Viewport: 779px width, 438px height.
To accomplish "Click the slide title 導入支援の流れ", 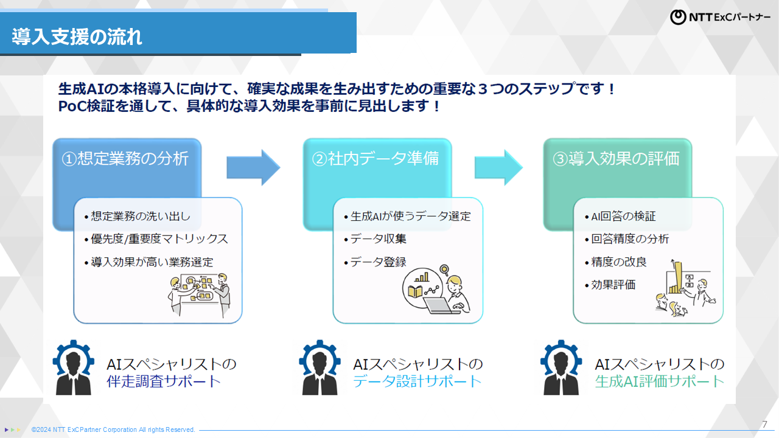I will (x=77, y=36).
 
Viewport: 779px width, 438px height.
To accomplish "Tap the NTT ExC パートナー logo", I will (x=719, y=17).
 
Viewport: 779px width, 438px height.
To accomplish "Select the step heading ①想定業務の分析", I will (x=125, y=159).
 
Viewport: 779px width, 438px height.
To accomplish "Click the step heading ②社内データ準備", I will (x=376, y=159).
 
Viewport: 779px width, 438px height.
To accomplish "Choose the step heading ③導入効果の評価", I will (x=616, y=159).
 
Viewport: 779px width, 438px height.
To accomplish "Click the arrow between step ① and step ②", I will (x=253, y=167).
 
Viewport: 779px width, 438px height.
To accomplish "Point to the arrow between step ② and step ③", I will (x=498, y=167).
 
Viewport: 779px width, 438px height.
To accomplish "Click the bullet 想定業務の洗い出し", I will (x=140, y=217).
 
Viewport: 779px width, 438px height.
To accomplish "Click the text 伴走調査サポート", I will (x=164, y=382).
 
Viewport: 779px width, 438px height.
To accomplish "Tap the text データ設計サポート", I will (x=417, y=382).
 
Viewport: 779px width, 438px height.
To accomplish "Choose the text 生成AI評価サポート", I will (x=660, y=382).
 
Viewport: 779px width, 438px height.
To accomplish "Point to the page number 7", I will (x=764, y=424).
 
